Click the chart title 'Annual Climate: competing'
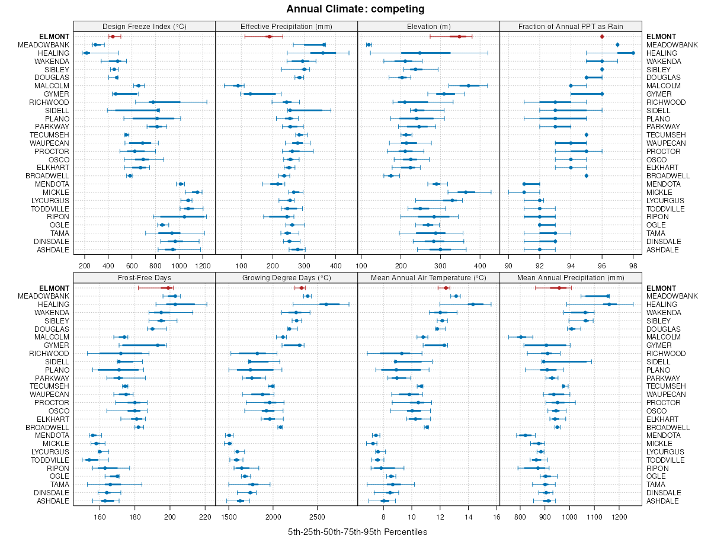(355, 9)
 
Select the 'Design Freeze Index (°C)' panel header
(145, 26)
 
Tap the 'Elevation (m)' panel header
(429, 26)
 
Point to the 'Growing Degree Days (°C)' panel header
(287, 277)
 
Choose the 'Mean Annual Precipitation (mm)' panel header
(571, 277)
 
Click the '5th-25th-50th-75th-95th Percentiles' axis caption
(357, 531)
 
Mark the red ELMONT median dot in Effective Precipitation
(269, 37)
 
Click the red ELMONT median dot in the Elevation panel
(459, 37)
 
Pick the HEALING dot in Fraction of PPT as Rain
(633, 53)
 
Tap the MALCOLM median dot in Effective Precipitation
(238, 86)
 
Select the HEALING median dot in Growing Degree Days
(326, 305)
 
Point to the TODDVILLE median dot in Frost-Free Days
(89, 460)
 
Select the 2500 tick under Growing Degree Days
(317, 516)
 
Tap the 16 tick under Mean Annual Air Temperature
(497, 516)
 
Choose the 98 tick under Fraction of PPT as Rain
(633, 265)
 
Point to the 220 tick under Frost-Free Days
(206, 516)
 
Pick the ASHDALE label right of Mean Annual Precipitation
(662, 501)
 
